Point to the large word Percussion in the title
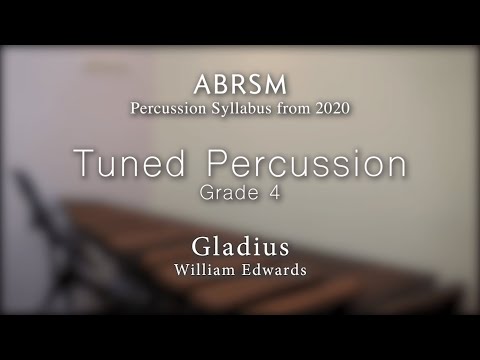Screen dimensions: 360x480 [x=307, y=164]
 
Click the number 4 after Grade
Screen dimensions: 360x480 [x=272, y=193]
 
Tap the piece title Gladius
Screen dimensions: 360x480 [x=240, y=247]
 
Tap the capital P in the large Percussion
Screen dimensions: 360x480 [x=218, y=164]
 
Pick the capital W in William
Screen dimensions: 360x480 [x=181, y=269]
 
